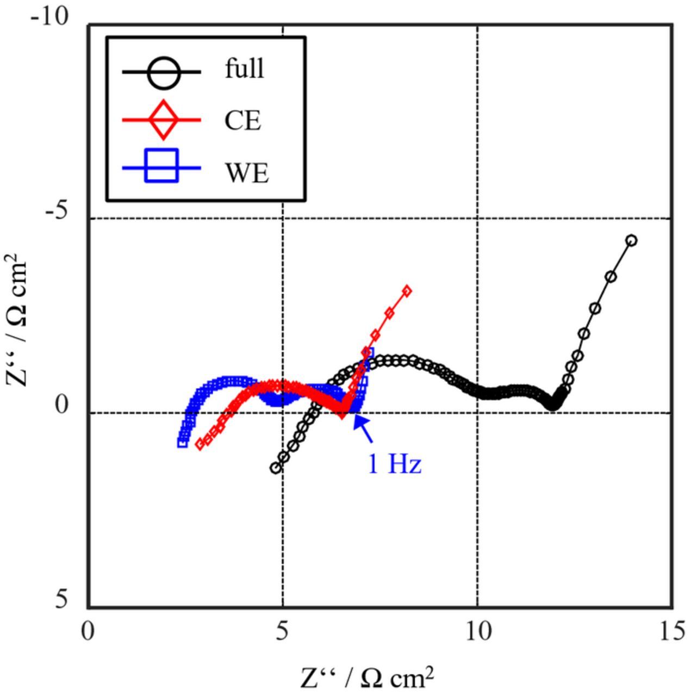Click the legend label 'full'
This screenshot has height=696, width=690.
244,69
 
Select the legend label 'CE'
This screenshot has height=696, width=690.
243,120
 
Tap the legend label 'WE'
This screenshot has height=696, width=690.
247,172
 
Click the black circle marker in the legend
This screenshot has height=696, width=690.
162,72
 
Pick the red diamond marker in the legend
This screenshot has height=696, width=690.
162,120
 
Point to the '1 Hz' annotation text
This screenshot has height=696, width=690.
395,465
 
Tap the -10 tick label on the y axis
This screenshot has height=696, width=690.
50,17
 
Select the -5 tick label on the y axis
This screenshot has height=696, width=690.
57,211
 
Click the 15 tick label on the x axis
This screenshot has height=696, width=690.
673,632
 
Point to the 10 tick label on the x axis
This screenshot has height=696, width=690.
477,632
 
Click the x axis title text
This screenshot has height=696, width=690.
368,678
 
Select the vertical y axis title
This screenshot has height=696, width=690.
16,320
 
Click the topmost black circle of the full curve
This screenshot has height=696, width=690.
631,240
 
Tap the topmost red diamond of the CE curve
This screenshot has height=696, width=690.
407,291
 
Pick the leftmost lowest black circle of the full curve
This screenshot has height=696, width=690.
275,468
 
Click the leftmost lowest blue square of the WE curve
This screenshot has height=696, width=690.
183,443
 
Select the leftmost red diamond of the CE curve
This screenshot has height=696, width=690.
200,444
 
